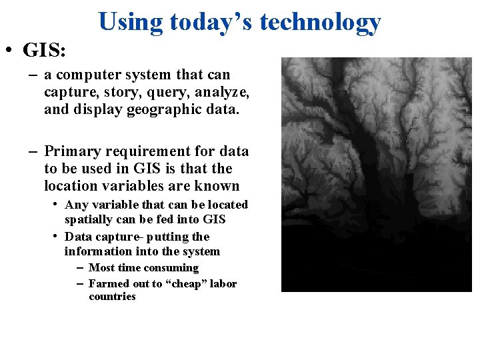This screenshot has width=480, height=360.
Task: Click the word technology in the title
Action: tap(320, 22)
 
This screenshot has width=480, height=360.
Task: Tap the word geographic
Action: tap(157, 109)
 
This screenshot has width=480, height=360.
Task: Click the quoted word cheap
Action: tap(189, 284)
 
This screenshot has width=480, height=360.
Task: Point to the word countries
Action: tap(112, 297)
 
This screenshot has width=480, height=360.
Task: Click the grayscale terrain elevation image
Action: tap(376, 175)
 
